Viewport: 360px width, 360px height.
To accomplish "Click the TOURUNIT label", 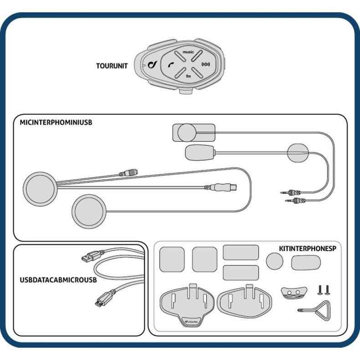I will (x=112, y=66).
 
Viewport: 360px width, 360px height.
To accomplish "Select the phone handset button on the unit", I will (x=170, y=65).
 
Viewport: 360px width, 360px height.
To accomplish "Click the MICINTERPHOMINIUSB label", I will (x=56, y=122).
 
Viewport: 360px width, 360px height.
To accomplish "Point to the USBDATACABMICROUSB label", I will (x=59, y=280).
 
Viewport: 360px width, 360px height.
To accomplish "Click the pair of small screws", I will (x=324, y=289).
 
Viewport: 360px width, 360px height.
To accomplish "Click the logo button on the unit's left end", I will (x=153, y=65).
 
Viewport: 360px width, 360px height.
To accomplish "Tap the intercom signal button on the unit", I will (x=206, y=65).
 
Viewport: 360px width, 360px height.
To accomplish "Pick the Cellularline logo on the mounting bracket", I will (x=190, y=322).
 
